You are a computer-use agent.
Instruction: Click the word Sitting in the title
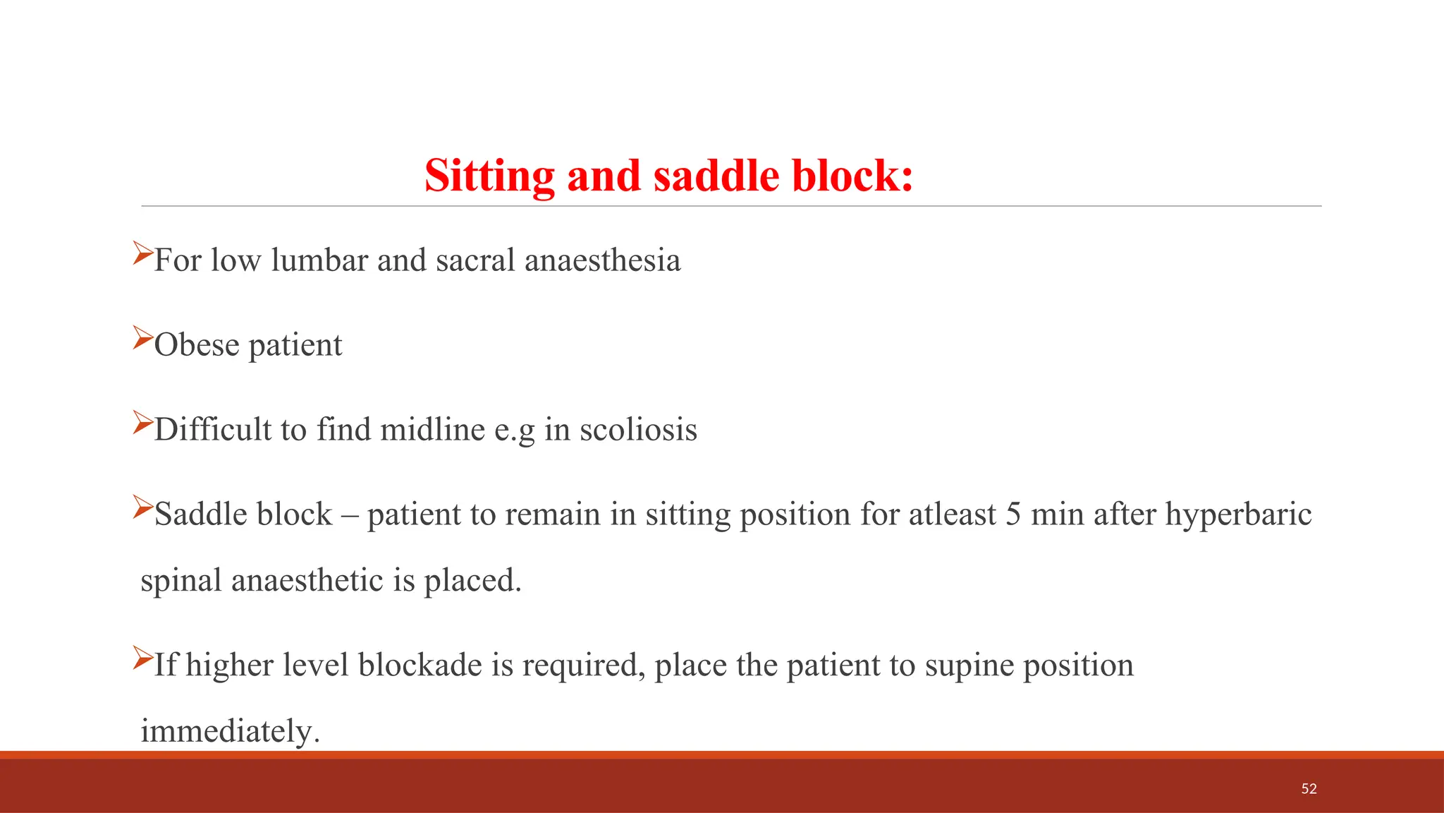click(x=489, y=176)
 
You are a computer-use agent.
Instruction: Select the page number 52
click(x=1309, y=788)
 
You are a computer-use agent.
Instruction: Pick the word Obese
click(x=197, y=345)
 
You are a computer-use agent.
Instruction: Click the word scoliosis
click(x=638, y=430)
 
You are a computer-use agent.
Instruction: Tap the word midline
click(x=432, y=430)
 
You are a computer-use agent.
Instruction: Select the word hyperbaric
click(x=1238, y=514)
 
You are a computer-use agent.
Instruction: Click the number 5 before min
click(x=1012, y=514)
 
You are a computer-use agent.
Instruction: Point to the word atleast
click(x=952, y=514)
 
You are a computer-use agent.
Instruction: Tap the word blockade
click(x=420, y=665)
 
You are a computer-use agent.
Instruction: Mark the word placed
click(x=472, y=581)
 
